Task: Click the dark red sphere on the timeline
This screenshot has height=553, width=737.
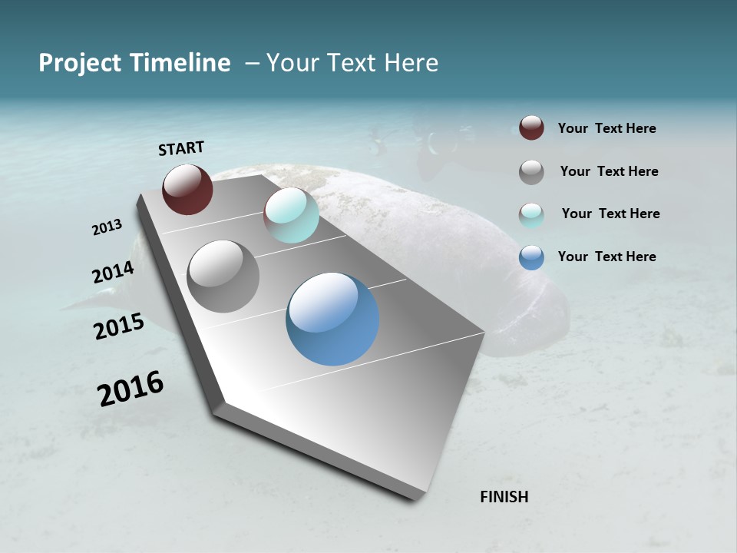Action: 187,189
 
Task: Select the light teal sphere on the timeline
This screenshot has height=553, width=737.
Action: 291,215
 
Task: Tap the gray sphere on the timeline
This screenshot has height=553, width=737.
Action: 223,276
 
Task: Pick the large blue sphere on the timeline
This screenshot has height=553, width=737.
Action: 332,319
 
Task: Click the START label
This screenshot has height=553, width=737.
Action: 181,148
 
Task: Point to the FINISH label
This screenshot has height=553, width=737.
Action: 504,497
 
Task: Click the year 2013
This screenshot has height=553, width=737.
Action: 107,227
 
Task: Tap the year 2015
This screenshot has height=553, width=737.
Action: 119,326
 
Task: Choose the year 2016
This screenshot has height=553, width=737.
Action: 131,389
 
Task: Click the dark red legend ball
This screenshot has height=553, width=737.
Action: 531,128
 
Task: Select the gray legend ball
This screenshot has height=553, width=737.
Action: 531,172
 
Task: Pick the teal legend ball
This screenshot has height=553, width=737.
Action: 531,214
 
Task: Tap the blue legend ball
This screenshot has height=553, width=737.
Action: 531,257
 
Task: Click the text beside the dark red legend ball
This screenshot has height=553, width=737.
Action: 606,129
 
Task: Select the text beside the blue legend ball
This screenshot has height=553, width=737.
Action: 606,257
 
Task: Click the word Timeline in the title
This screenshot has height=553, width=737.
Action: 181,63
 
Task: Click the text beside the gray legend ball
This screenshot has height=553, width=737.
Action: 609,171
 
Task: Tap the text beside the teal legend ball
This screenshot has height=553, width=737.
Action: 610,214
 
